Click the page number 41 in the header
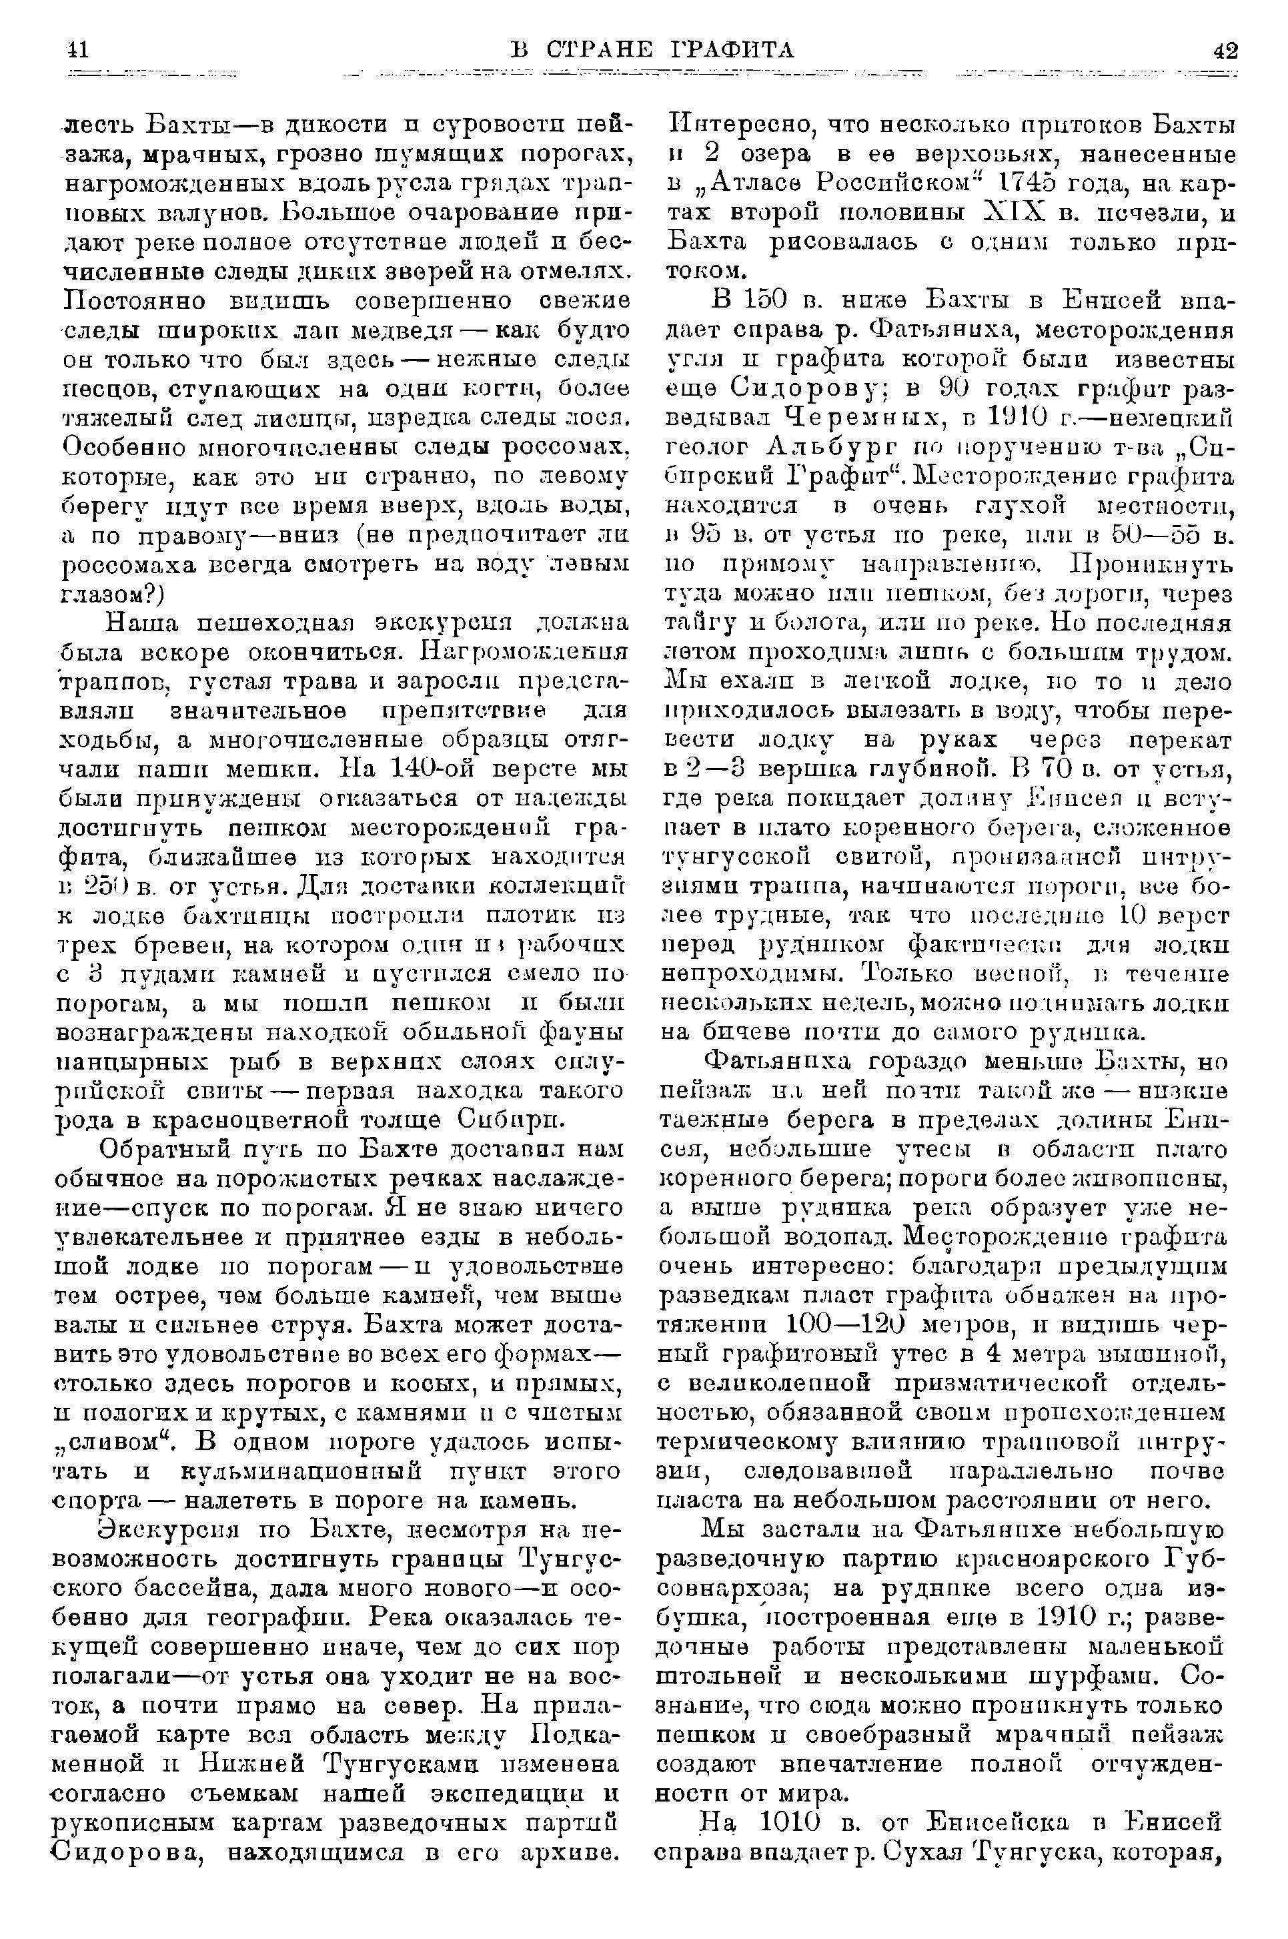coord(77,51)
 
